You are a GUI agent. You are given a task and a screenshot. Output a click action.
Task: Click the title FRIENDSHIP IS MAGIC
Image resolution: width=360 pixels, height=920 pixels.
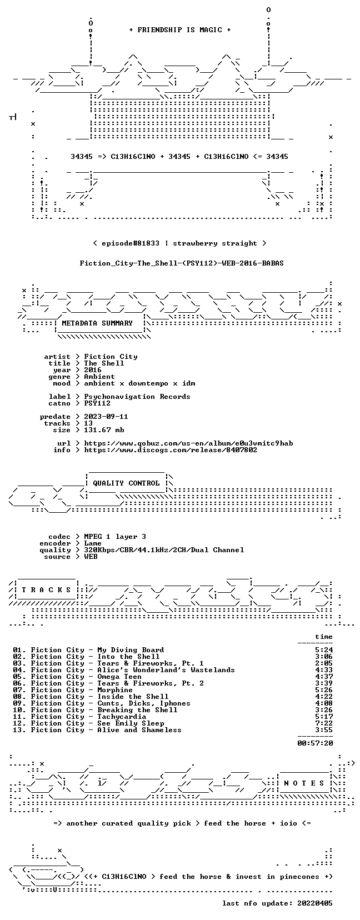click(x=180, y=30)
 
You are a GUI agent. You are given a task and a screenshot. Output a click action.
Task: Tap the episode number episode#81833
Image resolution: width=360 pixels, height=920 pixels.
click(x=131, y=243)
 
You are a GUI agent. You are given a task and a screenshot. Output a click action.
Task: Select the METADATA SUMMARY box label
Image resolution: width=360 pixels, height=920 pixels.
click(x=97, y=323)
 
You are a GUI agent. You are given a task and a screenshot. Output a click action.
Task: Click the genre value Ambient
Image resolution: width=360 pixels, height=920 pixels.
click(x=99, y=377)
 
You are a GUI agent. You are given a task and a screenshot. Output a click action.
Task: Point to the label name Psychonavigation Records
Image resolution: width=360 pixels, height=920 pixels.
click(x=137, y=397)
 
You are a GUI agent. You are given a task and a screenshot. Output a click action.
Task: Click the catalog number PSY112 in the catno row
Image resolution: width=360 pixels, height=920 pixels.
click(x=97, y=403)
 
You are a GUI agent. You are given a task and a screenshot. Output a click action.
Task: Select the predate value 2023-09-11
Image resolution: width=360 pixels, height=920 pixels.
click(x=106, y=417)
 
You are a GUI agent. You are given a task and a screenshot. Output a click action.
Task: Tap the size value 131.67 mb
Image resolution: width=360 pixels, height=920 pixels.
click(x=104, y=430)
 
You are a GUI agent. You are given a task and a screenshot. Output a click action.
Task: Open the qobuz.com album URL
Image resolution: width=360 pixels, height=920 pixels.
click(x=188, y=443)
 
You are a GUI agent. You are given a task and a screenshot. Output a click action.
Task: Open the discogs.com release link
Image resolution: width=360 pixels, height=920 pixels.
click(x=171, y=450)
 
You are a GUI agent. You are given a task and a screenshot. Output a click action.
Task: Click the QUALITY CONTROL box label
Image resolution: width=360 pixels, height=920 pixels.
click(x=126, y=483)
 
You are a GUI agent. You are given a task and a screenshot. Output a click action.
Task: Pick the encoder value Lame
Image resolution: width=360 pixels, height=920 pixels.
click(x=93, y=543)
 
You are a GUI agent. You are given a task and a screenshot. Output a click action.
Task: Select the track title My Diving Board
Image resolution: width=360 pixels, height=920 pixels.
click(x=131, y=650)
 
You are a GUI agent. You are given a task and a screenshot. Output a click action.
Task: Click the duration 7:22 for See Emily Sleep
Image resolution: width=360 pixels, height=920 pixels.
click(x=324, y=723)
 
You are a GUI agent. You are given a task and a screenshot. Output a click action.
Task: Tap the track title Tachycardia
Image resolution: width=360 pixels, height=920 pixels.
click(x=122, y=717)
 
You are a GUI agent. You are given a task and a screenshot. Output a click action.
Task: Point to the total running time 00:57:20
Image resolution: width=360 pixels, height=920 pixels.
click(x=315, y=743)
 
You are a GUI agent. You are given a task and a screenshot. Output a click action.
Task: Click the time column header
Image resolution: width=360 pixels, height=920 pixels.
click(x=324, y=637)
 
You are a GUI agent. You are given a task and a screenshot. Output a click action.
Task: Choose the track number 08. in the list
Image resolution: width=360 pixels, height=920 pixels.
click(x=19, y=697)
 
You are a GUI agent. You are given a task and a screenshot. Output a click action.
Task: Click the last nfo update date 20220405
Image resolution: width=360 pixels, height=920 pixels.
click(x=315, y=903)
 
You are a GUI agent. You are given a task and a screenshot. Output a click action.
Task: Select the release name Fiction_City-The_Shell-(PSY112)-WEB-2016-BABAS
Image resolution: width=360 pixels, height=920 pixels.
click(x=182, y=263)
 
